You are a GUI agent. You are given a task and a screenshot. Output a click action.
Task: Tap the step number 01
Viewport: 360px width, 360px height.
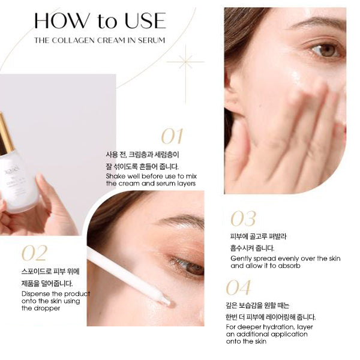(x=172, y=136)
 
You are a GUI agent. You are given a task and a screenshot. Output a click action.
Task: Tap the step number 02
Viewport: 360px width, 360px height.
(x=34, y=253)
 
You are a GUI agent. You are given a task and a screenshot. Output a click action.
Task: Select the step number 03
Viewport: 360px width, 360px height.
(x=243, y=219)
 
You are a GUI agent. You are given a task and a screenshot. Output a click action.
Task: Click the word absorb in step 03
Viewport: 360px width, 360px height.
(x=288, y=265)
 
